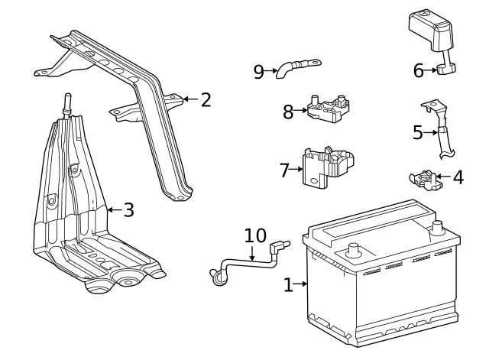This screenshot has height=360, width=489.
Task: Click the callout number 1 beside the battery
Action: pyautogui.click(x=288, y=285)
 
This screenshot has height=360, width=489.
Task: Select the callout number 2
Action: pyautogui.click(x=205, y=99)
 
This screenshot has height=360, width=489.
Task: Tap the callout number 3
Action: pyautogui.click(x=128, y=209)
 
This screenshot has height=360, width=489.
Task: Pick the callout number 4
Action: pyautogui.click(x=458, y=177)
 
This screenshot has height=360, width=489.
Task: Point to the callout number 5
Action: pyautogui.click(x=418, y=132)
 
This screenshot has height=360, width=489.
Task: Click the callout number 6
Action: pyautogui.click(x=419, y=70)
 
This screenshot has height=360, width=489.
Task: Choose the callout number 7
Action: pyautogui.click(x=285, y=170)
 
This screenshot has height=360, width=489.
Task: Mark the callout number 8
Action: pyautogui.click(x=288, y=112)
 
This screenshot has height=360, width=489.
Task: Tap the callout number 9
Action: pyautogui.click(x=259, y=72)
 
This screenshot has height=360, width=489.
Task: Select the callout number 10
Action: pyautogui.click(x=255, y=235)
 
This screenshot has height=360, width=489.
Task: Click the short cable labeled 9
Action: pyautogui.click(x=298, y=66)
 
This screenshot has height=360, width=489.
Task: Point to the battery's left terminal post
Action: pyautogui.click(x=354, y=248)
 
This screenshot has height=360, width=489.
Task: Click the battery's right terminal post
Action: pyautogui.click(x=438, y=227)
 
